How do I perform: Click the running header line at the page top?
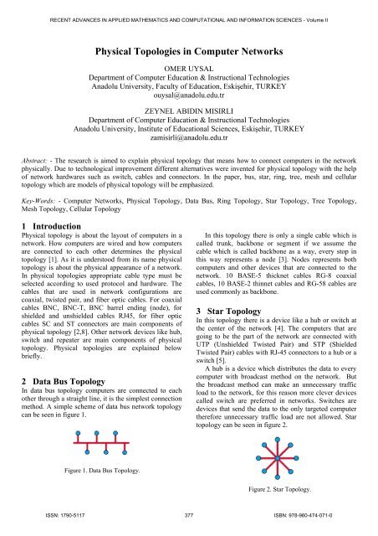189,11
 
